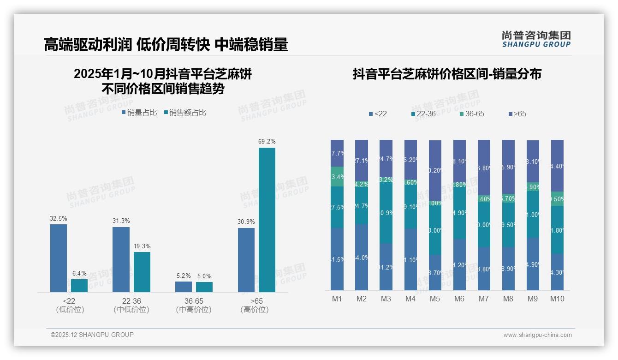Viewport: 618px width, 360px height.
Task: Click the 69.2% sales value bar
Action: [267, 220]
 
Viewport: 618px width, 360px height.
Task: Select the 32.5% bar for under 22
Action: [59, 258]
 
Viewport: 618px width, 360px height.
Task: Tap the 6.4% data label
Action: [79, 274]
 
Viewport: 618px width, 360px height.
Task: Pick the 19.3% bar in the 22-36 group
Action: [142, 272]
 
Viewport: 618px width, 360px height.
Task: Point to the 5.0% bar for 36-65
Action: [204, 287]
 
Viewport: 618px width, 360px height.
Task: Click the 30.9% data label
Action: [246, 222]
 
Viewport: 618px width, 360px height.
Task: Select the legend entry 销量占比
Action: [139, 113]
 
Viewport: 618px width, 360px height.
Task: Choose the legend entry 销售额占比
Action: [184, 113]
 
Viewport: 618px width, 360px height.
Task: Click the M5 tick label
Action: [435, 299]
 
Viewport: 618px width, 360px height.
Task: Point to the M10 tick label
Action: [557, 299]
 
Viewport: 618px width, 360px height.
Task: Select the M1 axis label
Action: [337, 299]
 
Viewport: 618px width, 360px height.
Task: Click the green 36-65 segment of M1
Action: [337, 177]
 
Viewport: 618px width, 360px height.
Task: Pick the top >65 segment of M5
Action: [435, 170]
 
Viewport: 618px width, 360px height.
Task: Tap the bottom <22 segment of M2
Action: [362, 257]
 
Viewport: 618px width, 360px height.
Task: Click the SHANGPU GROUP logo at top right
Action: [536, 39]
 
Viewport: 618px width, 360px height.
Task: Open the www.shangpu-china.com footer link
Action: [537, 335]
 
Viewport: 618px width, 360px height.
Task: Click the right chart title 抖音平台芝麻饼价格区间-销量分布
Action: [447, 74]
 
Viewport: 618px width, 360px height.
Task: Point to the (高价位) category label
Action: [254, 310]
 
